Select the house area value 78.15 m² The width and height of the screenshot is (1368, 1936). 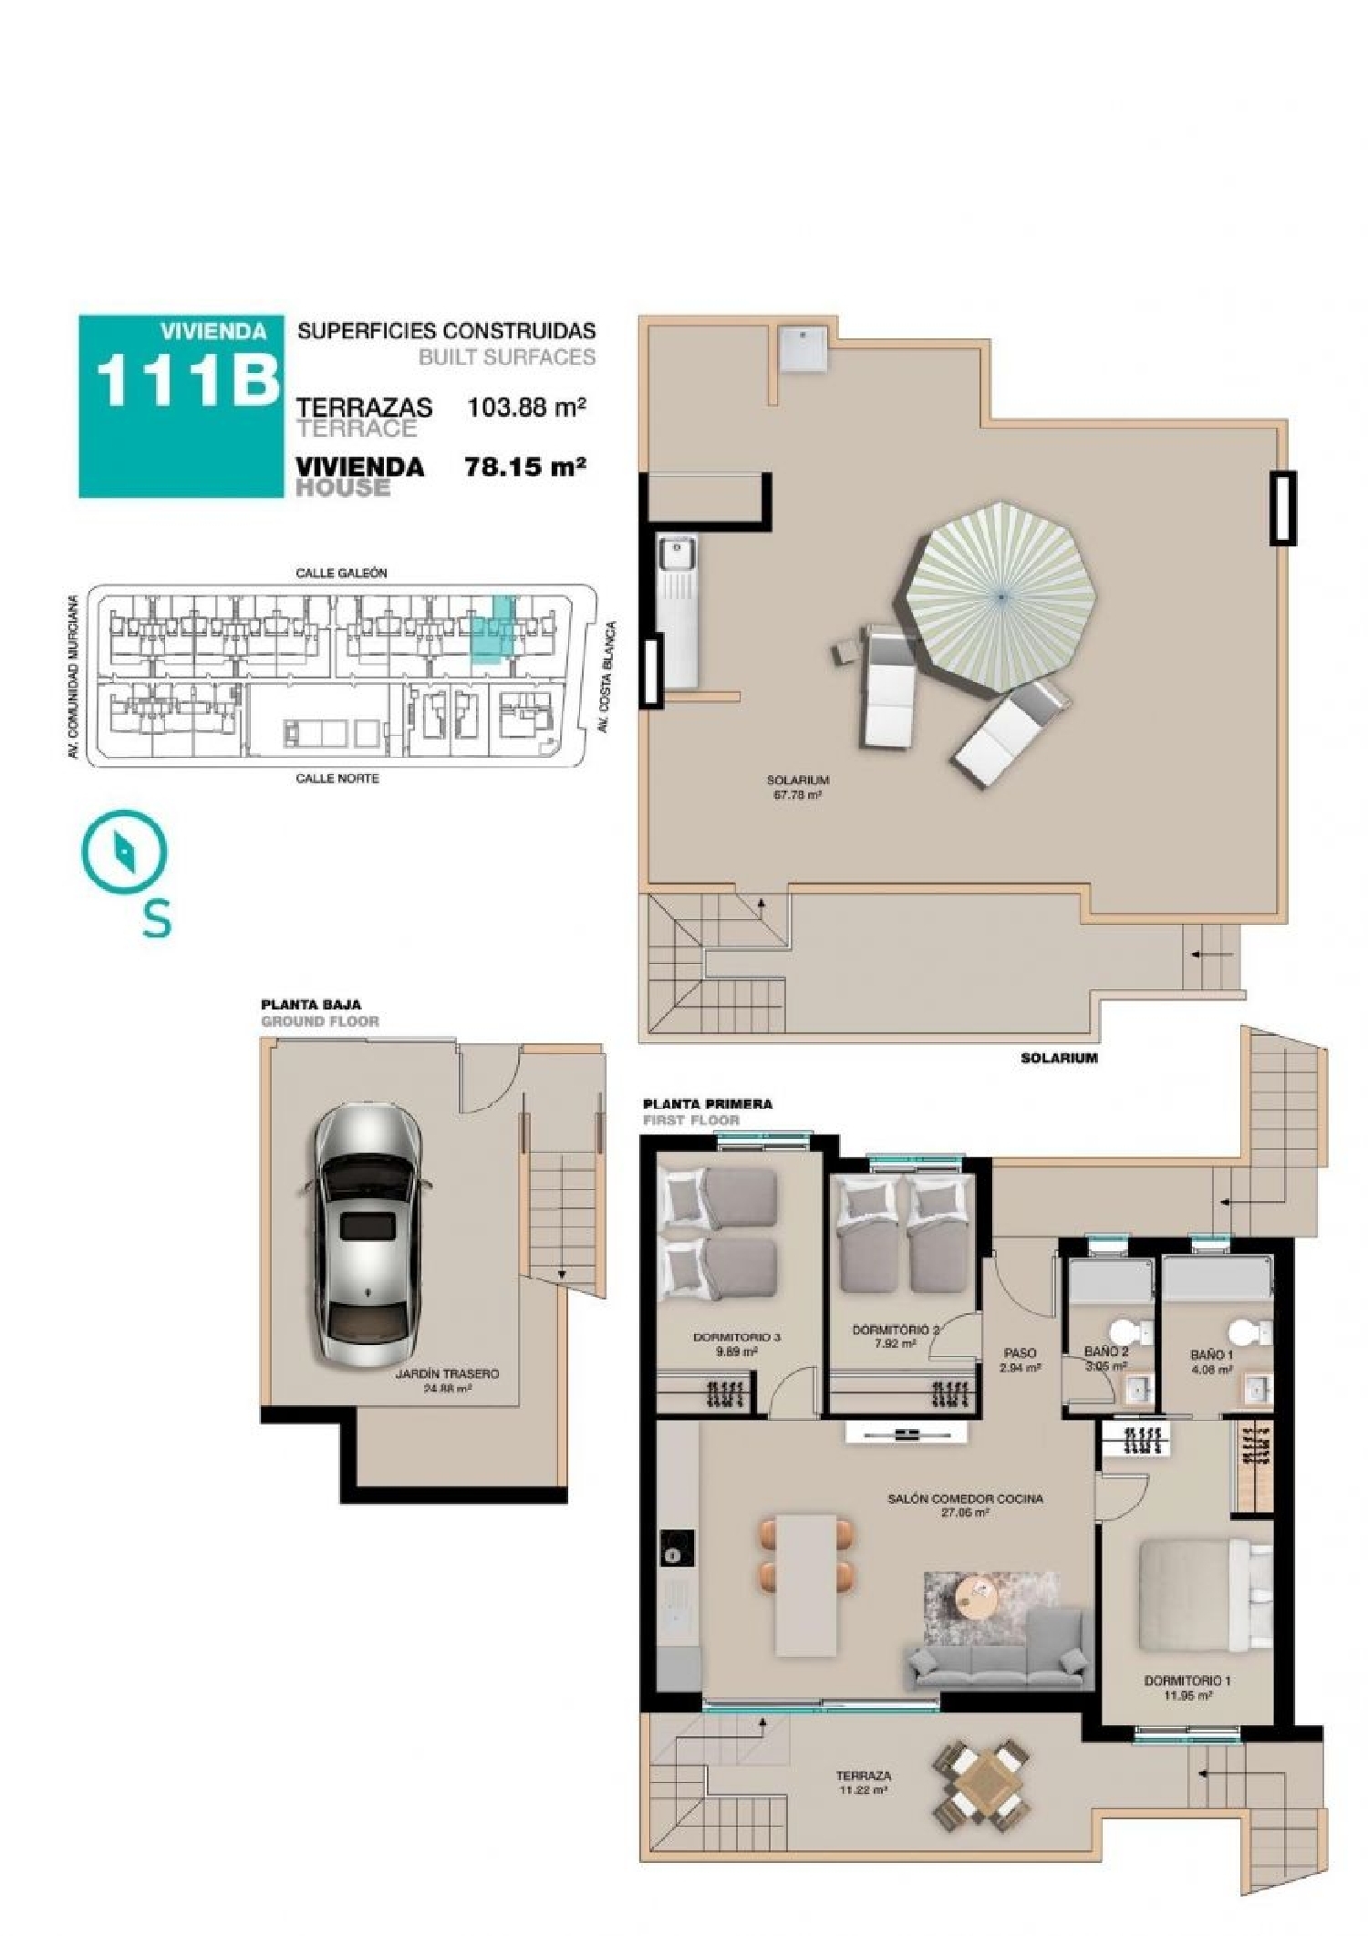[x=524, y=467]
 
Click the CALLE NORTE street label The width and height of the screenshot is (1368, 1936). [x=337, y=778]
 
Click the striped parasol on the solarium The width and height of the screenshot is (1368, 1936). [x=1001, y=596]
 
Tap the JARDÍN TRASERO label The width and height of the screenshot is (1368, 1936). [x=447, y=1373]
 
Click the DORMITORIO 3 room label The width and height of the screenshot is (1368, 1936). [x=736, y=1338]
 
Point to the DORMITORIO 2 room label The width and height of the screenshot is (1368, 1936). [x=895, y=1330]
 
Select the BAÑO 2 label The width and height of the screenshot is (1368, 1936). [x=1106, y=1351]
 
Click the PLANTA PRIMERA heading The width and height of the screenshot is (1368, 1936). [x=708, y=1103]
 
